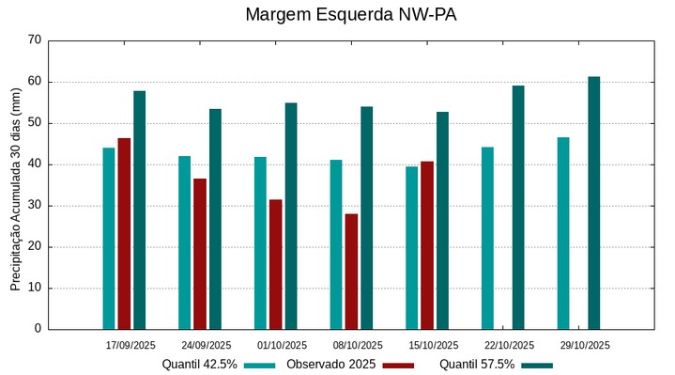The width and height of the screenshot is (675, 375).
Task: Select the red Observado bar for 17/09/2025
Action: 124,234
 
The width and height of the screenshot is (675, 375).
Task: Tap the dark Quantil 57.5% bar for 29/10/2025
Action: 594,203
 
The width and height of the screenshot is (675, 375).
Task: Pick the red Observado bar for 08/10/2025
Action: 351,272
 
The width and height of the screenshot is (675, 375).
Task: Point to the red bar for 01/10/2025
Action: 276,264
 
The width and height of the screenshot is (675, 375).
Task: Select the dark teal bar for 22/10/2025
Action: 518,208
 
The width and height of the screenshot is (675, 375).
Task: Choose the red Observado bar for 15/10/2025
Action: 427,245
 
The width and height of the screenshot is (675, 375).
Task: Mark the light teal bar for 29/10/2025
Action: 563,233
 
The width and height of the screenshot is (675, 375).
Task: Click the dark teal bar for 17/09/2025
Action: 140,210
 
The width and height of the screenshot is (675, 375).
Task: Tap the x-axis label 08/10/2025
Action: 358,345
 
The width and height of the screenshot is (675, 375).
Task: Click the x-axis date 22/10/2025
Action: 509,345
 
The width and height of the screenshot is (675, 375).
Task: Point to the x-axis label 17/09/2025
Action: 130,345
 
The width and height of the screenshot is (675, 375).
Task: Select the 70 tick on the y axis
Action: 35,40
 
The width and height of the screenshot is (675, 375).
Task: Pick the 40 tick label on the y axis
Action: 35,164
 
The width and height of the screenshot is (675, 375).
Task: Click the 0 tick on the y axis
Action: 38,329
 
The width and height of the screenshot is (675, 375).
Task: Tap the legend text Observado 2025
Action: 330,365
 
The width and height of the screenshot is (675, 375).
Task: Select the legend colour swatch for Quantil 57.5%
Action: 537,365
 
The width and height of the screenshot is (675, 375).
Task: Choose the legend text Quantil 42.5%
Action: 199,365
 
